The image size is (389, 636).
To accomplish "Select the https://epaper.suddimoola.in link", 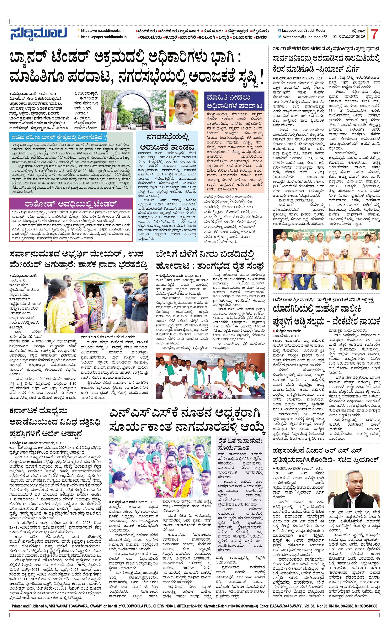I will (104, 37).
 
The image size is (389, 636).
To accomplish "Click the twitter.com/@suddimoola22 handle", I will (305, 37).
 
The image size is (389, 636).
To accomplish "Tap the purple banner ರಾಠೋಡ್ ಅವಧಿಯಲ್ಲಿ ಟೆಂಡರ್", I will (71, 204).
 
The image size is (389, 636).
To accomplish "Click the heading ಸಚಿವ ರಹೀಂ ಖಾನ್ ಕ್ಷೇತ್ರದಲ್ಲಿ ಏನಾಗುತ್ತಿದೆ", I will (59, 137).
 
